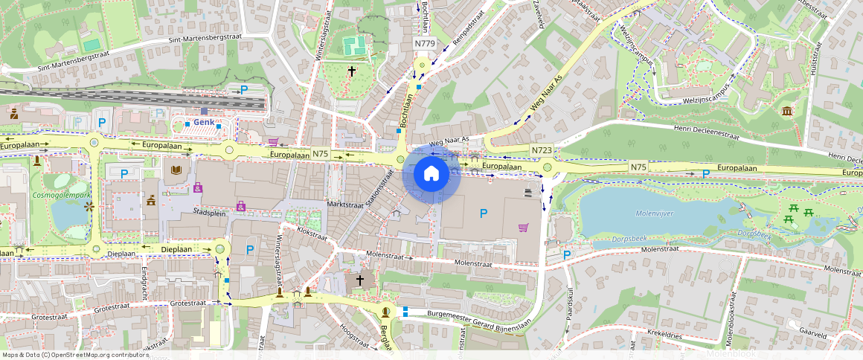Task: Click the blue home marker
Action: (431, 174)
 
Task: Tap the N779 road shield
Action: (424, 44)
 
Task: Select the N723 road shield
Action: (542, 150)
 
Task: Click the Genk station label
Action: (204, 121)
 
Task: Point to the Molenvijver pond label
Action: (655, 213)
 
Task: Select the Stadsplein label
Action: (208, 211)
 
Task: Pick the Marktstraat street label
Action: (347, 203)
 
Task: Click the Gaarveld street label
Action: (811, 335)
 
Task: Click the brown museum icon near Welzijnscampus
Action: (787, 112)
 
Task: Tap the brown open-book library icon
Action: (176, 171)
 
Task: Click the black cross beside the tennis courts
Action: (352, 71)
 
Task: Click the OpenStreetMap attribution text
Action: (74, 355)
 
